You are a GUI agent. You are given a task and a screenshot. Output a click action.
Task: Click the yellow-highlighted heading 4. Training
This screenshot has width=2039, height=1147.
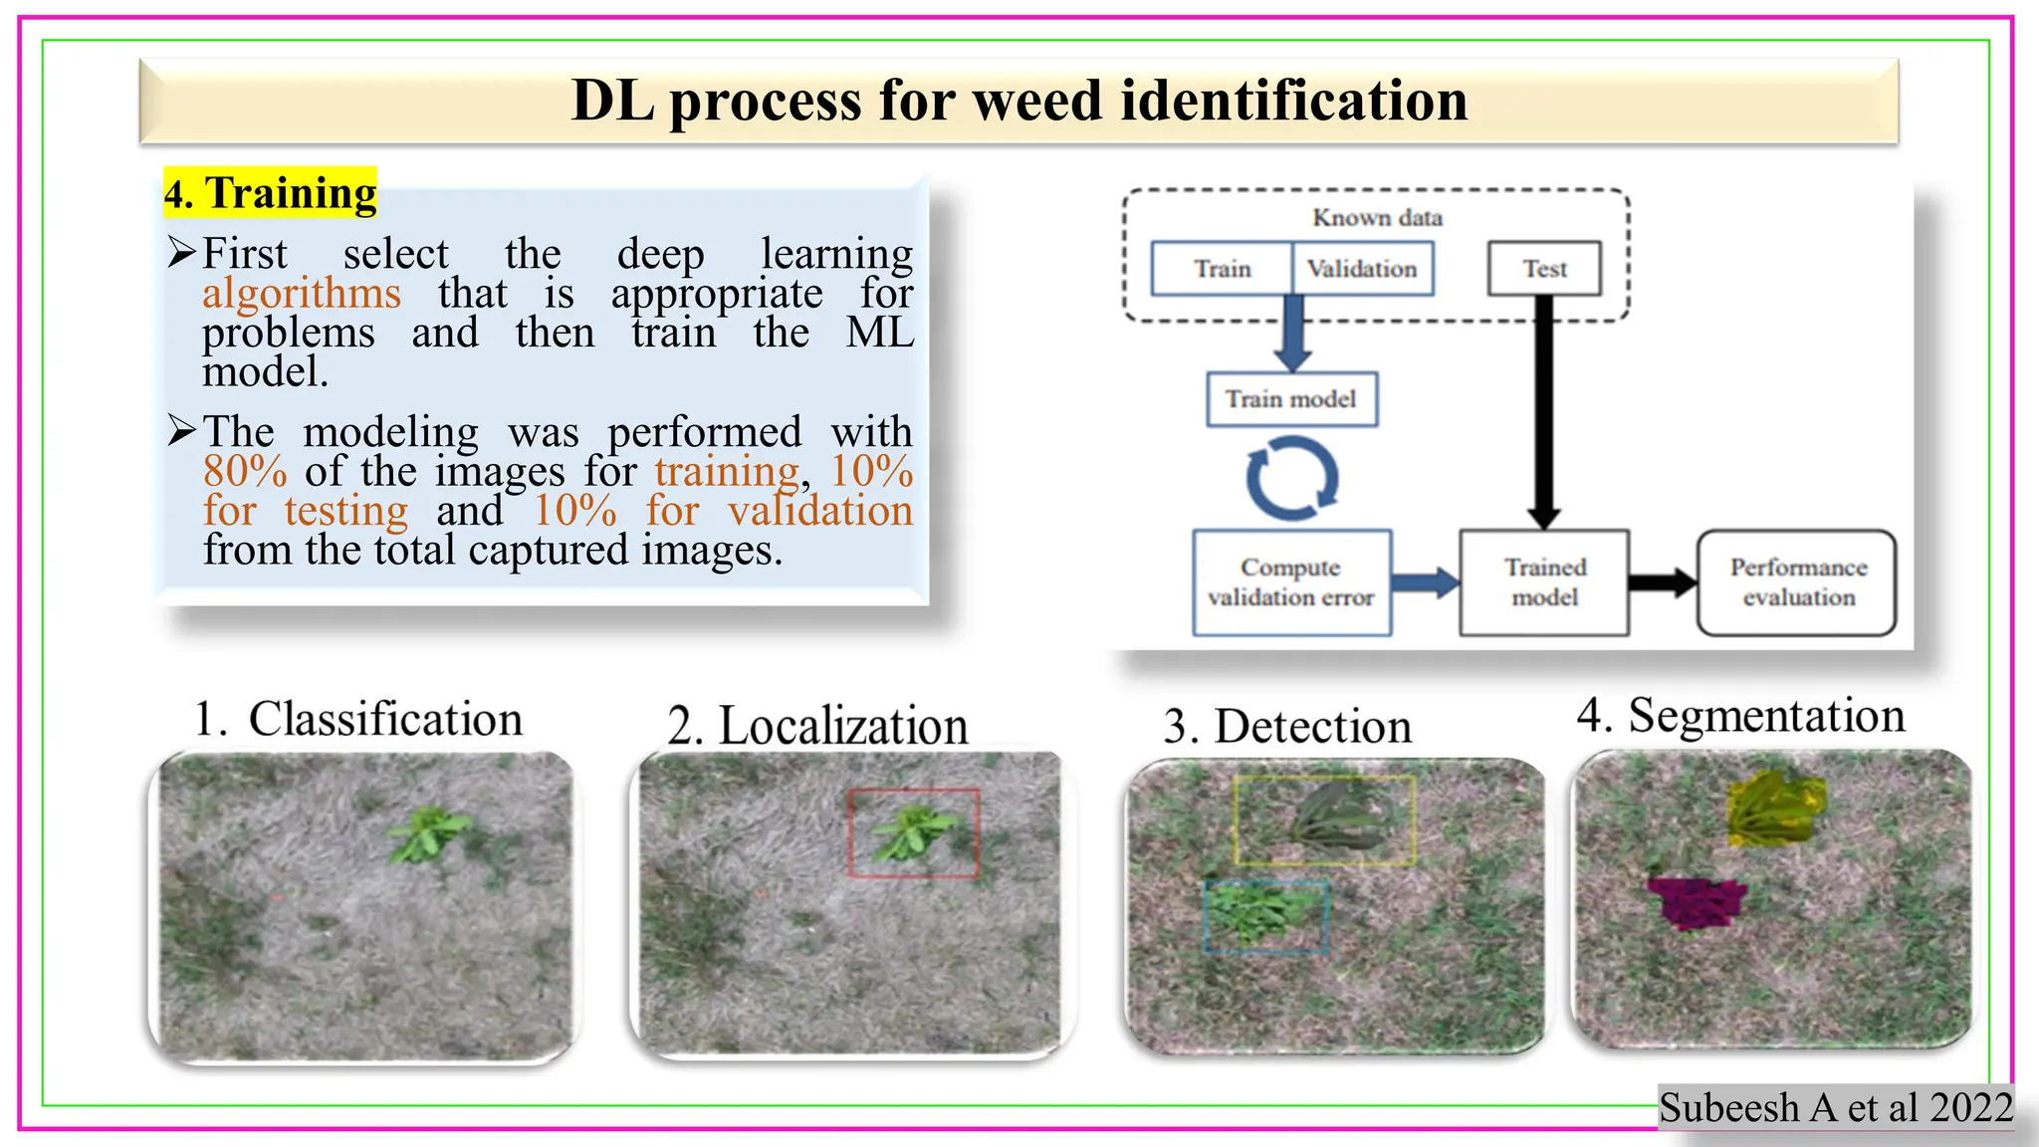click(x=271, y=193)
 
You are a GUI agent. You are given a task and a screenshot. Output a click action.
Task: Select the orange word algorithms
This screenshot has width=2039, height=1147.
click(x=302, y=294)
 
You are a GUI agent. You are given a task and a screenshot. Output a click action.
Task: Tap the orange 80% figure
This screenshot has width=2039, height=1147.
click(x=245, y=471)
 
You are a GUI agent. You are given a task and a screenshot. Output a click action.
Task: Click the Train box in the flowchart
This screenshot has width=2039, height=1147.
click(x=1222, y=269)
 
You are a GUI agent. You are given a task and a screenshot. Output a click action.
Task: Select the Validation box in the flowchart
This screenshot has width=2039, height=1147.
click(x=1362, y=269)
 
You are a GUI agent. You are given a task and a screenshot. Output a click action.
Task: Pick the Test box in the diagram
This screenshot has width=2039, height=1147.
click(x=1544, y=269)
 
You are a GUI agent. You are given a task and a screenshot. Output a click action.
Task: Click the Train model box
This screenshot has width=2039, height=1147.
click(x=1291, y=399)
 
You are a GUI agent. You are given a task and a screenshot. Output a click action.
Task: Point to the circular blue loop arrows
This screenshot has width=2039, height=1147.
click(x=1291, y=479)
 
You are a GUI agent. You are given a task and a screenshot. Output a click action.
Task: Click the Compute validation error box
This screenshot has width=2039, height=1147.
click(x=1291, y=582)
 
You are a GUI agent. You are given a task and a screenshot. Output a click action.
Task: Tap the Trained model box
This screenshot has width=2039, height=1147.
click(x=1544, y=582)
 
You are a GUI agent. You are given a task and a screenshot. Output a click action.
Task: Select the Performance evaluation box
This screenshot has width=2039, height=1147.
click(x=1797, y=582)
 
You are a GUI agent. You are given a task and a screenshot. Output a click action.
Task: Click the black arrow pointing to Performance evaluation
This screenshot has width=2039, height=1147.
click(x=1663, y=582)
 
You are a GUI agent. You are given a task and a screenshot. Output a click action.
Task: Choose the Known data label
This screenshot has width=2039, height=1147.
click(x=1377, y=218)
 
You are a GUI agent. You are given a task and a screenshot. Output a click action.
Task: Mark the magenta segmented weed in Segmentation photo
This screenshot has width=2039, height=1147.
click(x=1698, y=901)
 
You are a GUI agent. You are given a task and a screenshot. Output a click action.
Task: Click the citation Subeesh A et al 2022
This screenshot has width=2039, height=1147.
click(x=1836, y=1107)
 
